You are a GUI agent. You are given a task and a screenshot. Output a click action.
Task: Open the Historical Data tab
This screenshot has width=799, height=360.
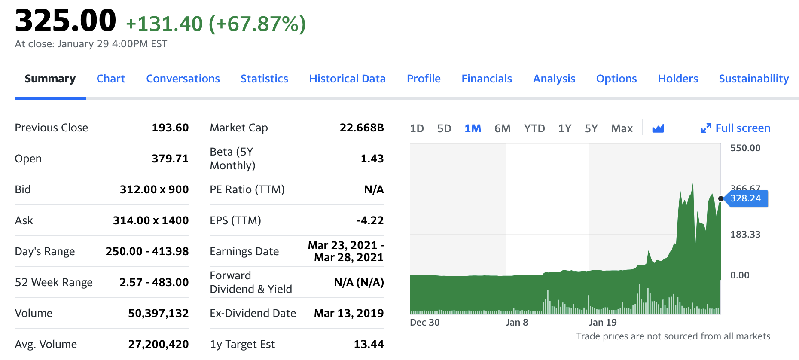click(347, 79)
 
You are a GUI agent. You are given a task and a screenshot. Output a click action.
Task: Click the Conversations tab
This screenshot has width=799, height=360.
click(183, 79)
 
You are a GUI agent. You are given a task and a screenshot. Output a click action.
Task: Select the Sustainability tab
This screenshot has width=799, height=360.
click(753, 79)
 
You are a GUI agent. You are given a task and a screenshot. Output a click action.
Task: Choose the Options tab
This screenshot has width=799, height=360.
click(616, 79)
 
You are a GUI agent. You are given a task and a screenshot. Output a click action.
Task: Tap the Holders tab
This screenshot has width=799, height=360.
click(677, 79)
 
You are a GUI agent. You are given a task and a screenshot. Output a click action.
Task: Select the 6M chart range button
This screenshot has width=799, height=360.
click(502, 128)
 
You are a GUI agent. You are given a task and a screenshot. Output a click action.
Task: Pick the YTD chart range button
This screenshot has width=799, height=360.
click(534, 128)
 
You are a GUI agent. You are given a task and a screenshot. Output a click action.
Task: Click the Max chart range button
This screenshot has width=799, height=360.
click(622, 128)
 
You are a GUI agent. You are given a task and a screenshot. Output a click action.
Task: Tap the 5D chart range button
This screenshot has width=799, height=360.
click(444, 128)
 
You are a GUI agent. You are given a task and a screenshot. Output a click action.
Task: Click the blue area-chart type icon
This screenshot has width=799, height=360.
click(658, 128)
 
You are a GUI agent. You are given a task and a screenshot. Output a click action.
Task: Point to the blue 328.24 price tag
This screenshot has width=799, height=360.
click(745, 198)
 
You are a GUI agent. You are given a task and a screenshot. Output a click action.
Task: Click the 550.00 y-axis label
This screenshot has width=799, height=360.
click(745, 148)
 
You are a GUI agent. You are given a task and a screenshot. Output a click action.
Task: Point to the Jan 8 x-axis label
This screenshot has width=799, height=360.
click(516, 323)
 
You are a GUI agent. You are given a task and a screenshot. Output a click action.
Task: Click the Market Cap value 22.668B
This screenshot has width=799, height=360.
click(361, 128)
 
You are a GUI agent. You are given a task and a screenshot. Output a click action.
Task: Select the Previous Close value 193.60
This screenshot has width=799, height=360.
click(170, 128)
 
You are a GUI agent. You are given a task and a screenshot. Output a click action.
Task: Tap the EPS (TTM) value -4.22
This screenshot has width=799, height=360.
click(370, 220)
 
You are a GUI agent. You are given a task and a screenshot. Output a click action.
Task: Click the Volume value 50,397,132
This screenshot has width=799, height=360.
click(158, 313)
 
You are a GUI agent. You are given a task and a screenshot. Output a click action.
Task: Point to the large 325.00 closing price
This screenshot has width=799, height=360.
click(65, 21)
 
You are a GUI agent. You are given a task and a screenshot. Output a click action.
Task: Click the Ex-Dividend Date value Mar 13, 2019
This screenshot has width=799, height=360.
click(348, 313)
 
